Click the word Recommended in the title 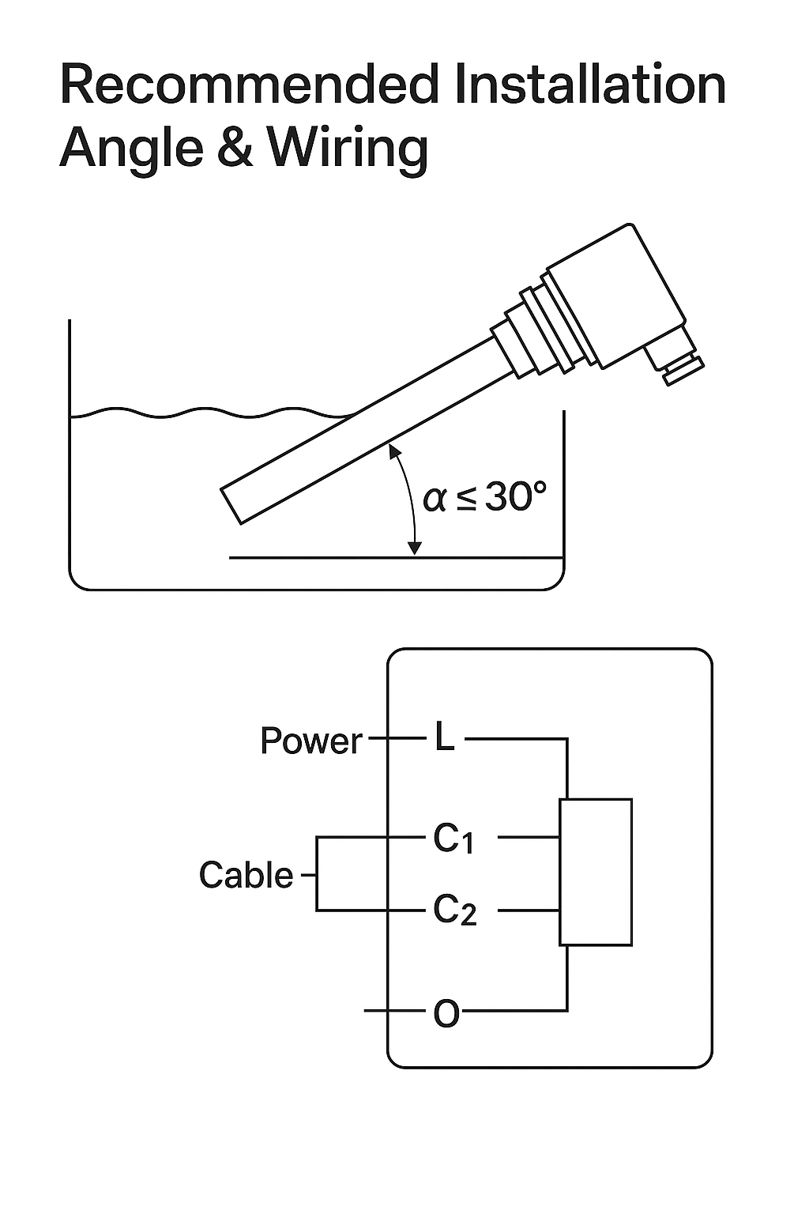[249, 84]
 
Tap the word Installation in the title [590, 84]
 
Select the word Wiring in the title [348, 148]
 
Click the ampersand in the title [235, 147]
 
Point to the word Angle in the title [132, 148]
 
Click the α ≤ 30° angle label [484, 496]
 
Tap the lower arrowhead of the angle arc [415, 549]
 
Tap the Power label [311, 741]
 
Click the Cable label [246, 875]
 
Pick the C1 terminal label [453, 839]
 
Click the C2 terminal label [454, 910]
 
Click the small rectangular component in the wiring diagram [596, 872]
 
